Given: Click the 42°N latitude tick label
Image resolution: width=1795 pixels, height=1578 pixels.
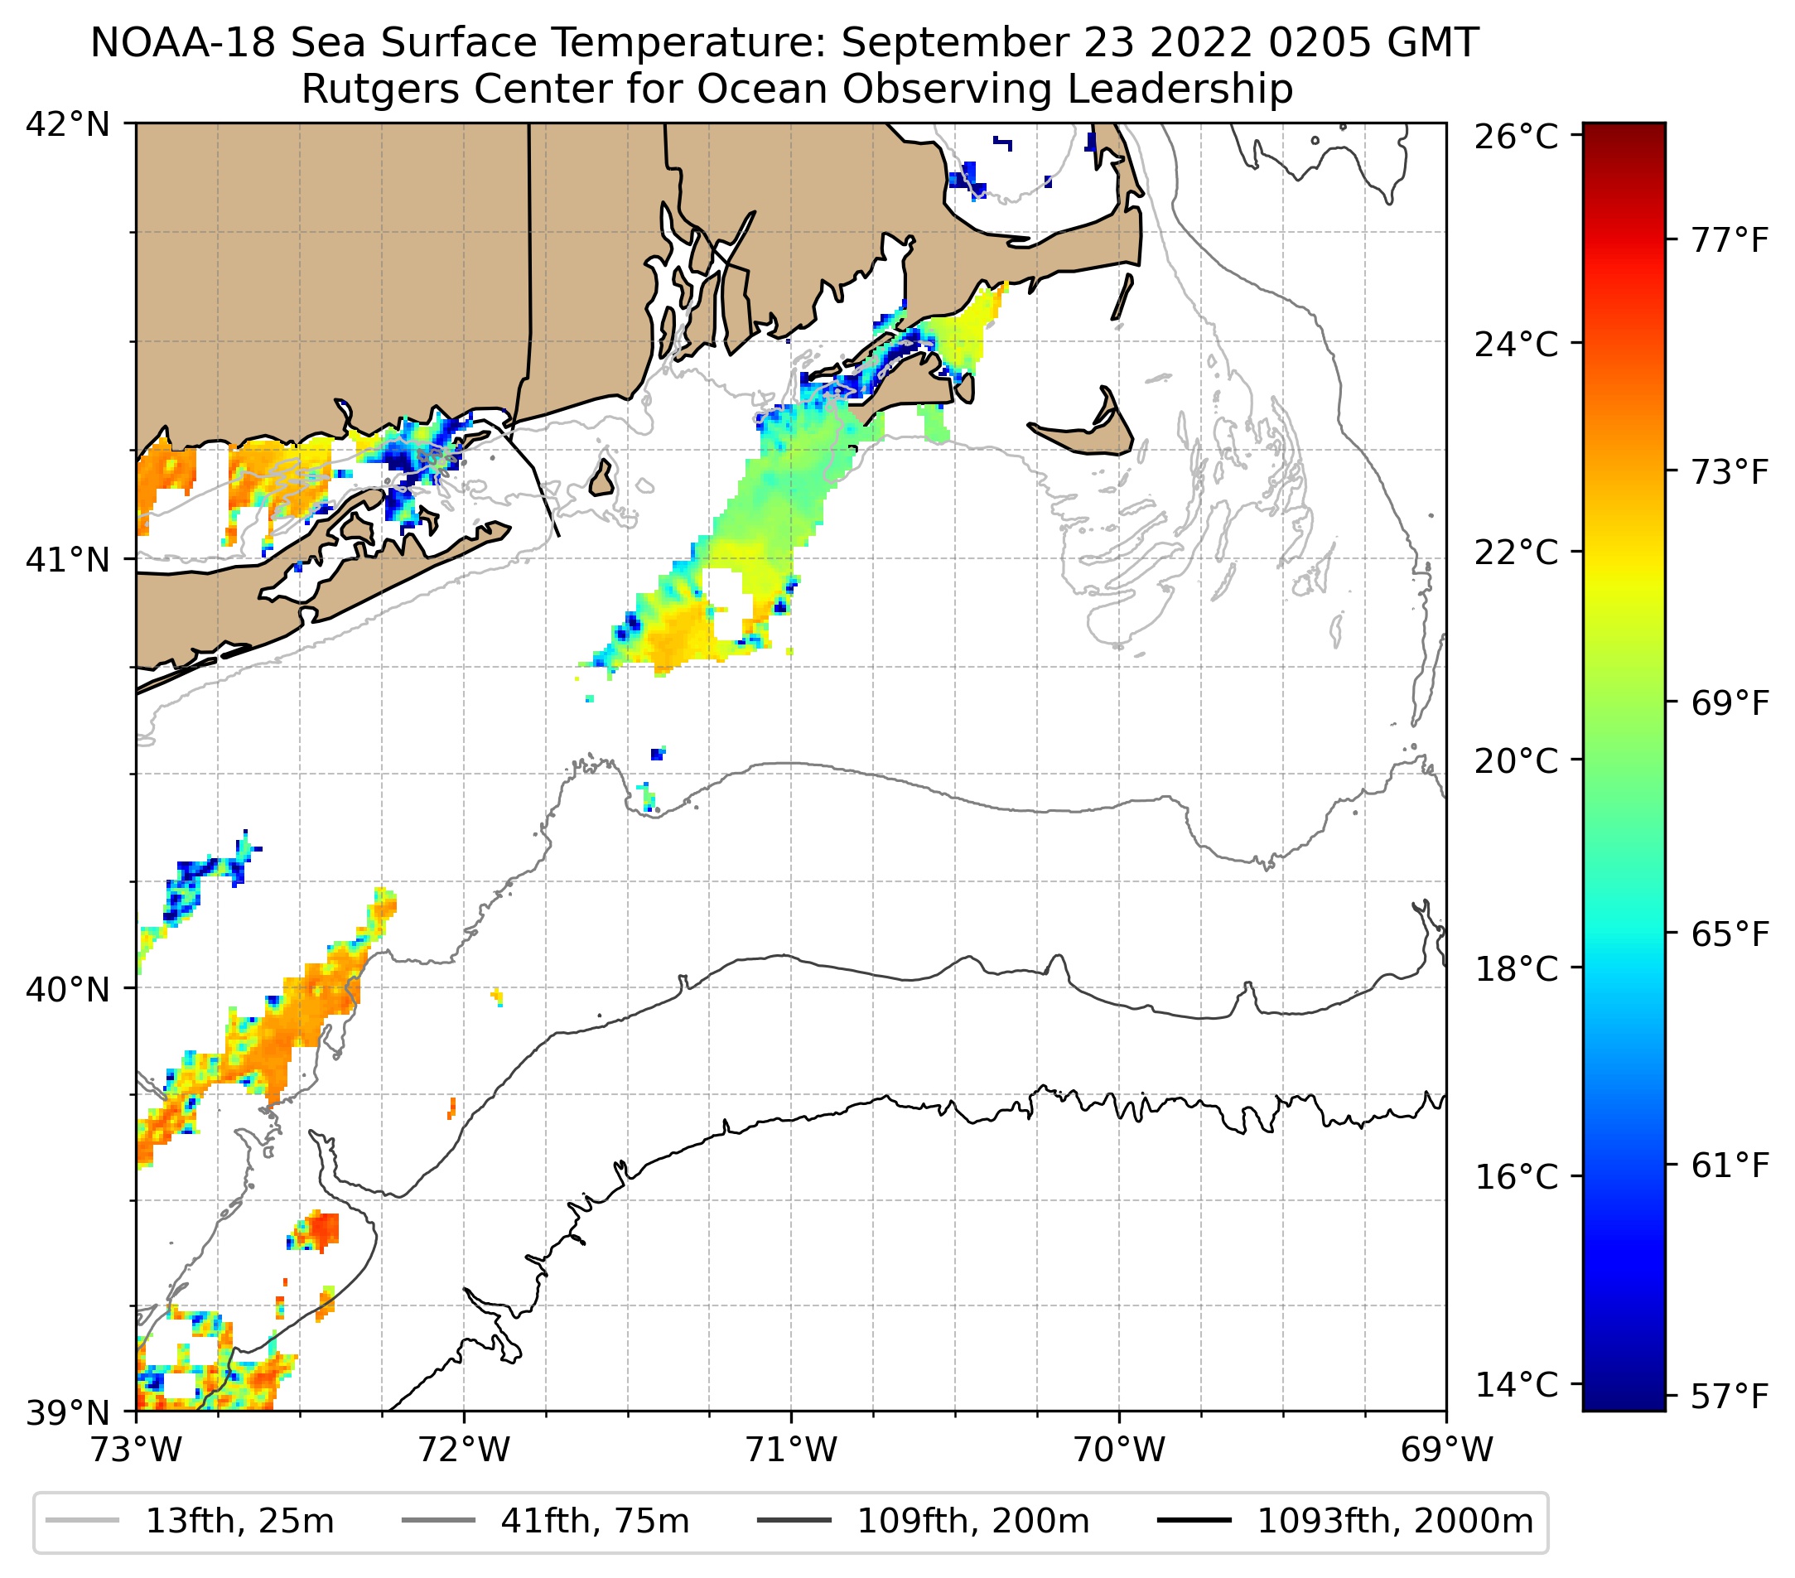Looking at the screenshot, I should pos(68,125).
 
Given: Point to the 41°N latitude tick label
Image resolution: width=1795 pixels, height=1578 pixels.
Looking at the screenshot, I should pos(68,558).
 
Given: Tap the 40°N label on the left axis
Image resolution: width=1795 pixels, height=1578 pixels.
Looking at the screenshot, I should pos(68,989).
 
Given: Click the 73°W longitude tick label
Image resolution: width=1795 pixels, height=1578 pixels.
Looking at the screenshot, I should pos(136,1450).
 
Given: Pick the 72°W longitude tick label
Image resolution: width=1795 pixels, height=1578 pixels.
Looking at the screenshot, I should pos(464,1450).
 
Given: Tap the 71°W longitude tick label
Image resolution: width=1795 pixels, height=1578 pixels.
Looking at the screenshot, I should pos(791,1450).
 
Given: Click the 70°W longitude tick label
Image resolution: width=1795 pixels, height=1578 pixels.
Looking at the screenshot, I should pos(1120,1450).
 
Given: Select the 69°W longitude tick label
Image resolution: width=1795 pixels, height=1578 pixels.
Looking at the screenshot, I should pos(1446,1450).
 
